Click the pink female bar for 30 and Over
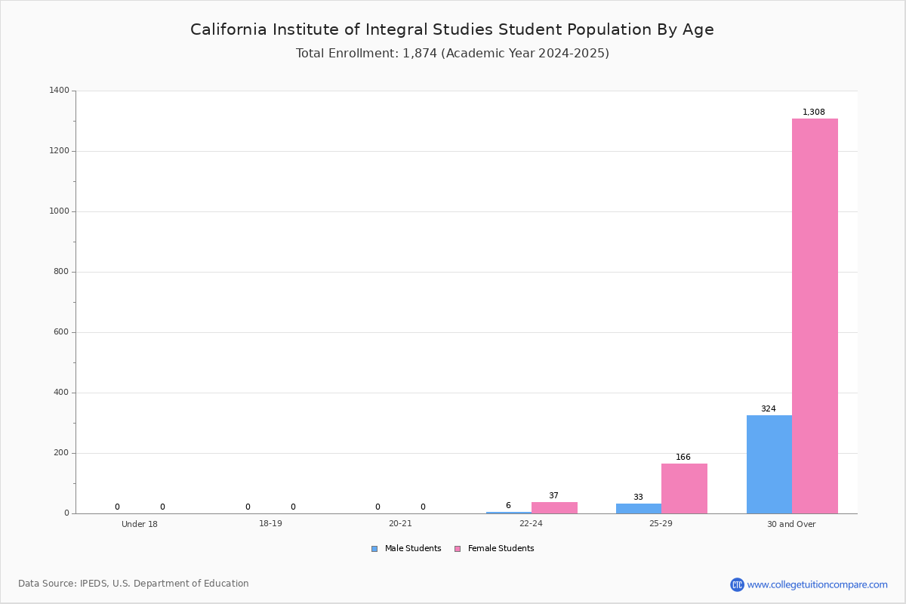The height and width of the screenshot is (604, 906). (815, 316)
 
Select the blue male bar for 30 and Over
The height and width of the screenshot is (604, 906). (769, 464)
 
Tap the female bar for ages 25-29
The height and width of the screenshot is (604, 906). (684, 488)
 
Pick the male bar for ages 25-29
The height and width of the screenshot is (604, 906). (639, 509)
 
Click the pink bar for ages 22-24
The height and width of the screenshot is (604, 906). (554, 508)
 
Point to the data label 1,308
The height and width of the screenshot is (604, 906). (814, 112)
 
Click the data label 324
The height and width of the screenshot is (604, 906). (769, 408)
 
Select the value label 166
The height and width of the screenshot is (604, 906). (683, 457)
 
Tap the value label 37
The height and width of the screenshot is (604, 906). (553, 495)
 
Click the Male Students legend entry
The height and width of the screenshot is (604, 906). (406, 549)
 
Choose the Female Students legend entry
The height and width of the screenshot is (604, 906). (495, 549)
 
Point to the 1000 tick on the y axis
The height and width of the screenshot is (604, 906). (59, 211)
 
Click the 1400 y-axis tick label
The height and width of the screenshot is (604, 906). (59, 90)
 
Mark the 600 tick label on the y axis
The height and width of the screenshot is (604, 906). (61, 332)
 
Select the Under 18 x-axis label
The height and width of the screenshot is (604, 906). (140, 524)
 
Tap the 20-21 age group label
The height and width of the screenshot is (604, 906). (400, 523)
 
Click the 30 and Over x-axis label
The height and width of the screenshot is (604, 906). (791, 524)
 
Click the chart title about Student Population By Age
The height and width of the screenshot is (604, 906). (452, 29)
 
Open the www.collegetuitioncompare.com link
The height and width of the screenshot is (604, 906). (818, 585)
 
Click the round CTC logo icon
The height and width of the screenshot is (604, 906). (738, 585)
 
